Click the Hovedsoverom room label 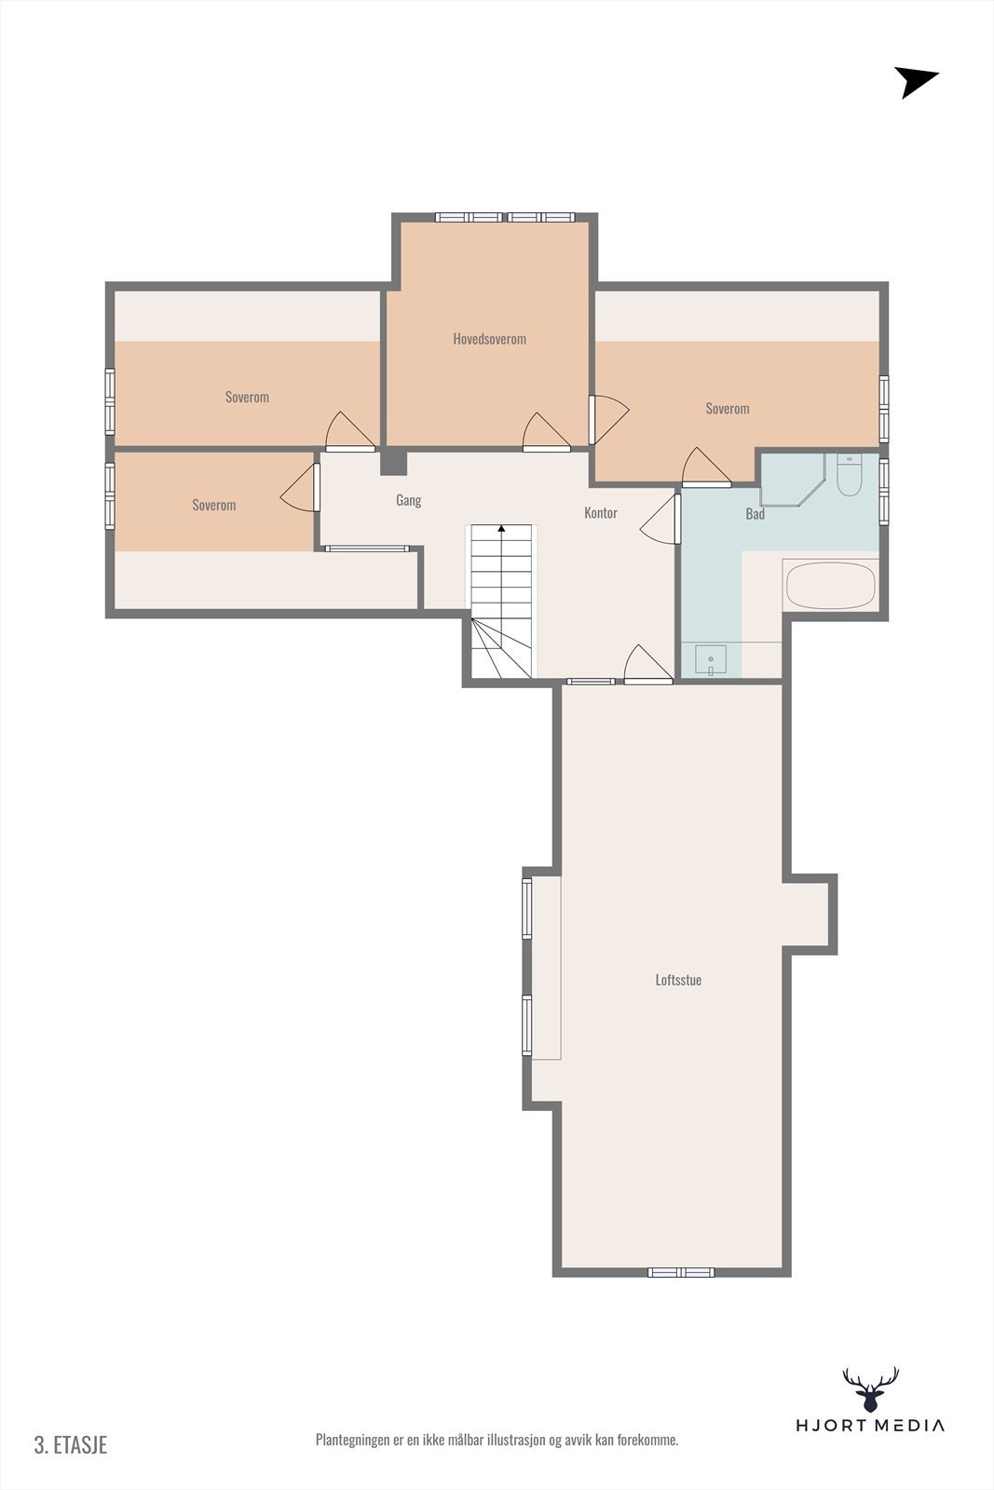[x=489, y=339]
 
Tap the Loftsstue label [x=678, y=980]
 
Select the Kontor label [x=600, y=513]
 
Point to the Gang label [x=408, y=500]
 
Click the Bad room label [x=755, y=514]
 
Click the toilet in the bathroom [x=849, y=475]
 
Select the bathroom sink [x=711, y=659]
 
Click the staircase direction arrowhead [x=502, y=529]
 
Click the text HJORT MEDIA [x=869, y=1425]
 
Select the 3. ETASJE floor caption [x=71, y=1444]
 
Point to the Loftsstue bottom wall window [x=681, y=1272]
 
